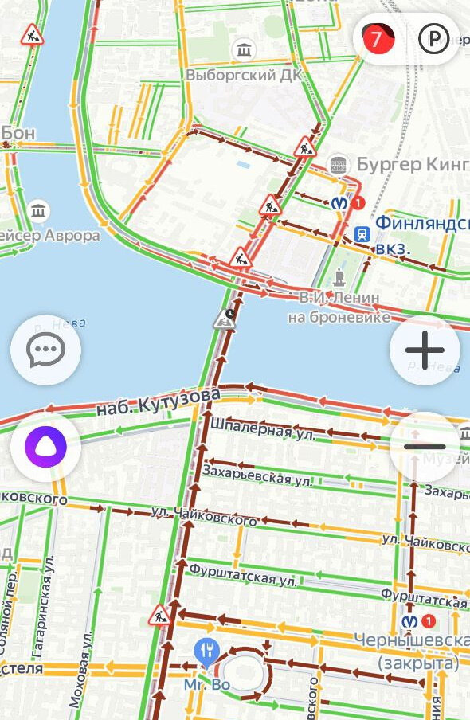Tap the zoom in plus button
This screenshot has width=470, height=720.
click(x=425, y=350)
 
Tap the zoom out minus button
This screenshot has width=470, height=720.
click(x=425, y=447)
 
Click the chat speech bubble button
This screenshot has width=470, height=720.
click(x=45, y=350)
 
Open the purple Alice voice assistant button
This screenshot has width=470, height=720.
click(x=45, y=447)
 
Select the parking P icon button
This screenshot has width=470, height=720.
click(x=433, y=37)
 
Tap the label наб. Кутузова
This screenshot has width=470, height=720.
click(x=158, y=401)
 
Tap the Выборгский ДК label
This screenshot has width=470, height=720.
click(x=233, y=74)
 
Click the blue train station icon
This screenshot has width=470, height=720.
click(x=362, y=233)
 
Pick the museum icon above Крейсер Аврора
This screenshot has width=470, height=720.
click(x=37, y=212)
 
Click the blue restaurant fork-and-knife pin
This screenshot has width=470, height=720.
click(x=206, y=650)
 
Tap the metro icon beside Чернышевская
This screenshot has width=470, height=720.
click(x=409, y=620)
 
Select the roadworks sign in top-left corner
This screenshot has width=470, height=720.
click(x=33, y=35)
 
